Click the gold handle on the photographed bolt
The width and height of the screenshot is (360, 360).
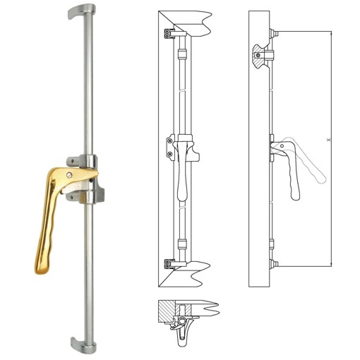pos(51,212)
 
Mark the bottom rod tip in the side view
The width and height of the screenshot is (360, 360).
pos(276,264)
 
